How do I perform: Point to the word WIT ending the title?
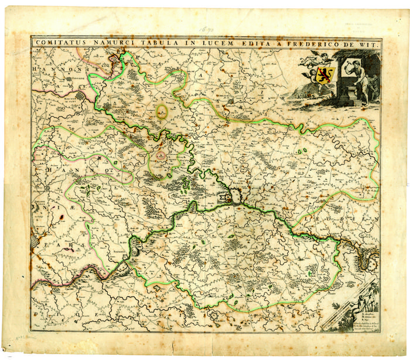click(x=371, y=43)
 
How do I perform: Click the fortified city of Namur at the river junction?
click(x=231, y=199)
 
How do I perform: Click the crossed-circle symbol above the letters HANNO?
click(x=100, y=158)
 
